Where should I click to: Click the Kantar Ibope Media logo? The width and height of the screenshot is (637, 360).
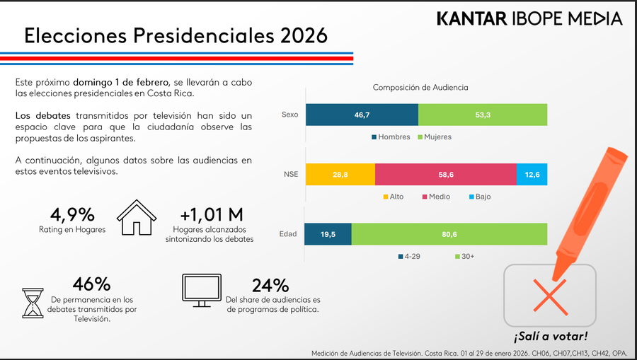[x=529, y=18]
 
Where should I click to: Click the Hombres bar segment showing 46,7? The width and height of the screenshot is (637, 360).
[x=362, y=115]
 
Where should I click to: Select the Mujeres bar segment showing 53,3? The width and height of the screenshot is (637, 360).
[x=483, y=115]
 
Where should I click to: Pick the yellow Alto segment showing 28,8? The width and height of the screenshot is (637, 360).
[x=340, y=174]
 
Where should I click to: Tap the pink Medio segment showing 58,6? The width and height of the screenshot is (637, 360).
[x=445, y=174]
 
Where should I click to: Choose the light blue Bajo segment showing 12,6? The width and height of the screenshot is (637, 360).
[x=532, y=174]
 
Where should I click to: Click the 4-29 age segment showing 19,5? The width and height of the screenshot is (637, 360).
[x=328, y=234]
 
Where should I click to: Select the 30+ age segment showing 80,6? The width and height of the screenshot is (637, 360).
[x=449, y=234]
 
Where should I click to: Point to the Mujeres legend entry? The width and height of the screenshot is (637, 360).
[x=434, y=137]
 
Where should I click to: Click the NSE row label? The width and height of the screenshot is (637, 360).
[x=289, y=174]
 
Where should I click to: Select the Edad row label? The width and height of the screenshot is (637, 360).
[x=289, y=234]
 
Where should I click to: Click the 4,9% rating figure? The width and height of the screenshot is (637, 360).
[x=72, y=214]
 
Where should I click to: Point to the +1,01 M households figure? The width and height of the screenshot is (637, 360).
[x=212, y=214]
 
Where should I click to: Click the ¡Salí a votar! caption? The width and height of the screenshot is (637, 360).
[x=551, y=336]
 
